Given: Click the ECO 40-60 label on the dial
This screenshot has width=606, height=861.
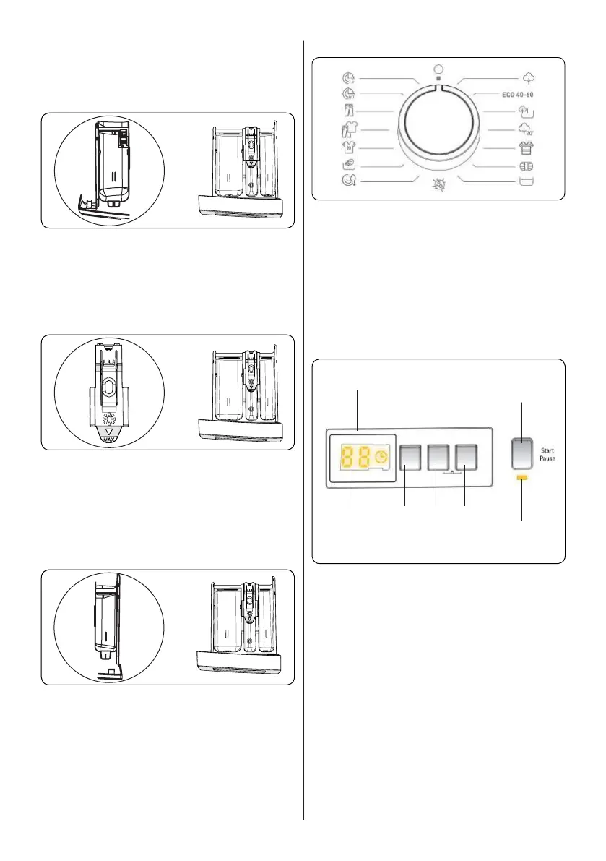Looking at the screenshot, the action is point(522,95).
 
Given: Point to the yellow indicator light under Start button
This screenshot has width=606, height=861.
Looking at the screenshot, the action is point(521,479).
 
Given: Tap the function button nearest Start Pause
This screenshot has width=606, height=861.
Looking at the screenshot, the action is point(467,457).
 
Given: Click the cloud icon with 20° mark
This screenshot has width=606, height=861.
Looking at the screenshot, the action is point(525,130).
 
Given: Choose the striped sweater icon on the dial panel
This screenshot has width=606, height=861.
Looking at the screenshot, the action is point(525,148).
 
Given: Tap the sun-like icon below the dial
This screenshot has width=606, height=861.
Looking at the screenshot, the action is point(437,184).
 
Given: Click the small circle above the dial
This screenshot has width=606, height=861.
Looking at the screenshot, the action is point(437,69).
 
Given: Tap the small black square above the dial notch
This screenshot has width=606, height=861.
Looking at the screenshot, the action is point(437,78).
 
